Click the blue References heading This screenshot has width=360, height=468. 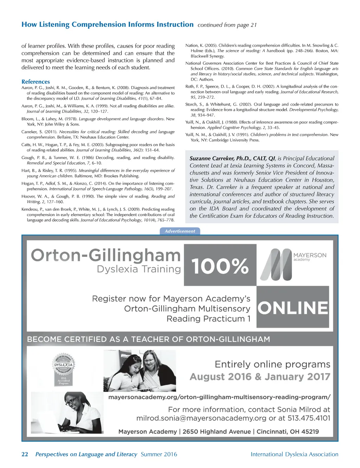pos(36,82)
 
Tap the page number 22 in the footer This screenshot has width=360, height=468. pos(25,454)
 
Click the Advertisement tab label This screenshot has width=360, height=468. pos(180,231)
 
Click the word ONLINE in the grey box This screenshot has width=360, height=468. pos(293,308)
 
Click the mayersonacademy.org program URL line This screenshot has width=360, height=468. pos(219,397)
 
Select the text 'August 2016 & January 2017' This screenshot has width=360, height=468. pos(260,377)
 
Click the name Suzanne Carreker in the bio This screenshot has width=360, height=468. pos(212,158)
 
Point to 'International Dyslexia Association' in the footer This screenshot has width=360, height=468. pos(294,454)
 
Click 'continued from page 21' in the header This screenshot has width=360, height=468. pos(227,25)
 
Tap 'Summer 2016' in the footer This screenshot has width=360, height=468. pos(159,454)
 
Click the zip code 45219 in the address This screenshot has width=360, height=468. pos(310,432)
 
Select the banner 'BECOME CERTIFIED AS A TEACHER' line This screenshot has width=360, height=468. pos(148,340)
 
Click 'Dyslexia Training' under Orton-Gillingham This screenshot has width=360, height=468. pos(139,269)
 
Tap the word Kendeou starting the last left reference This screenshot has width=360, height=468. pos(30,209)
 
